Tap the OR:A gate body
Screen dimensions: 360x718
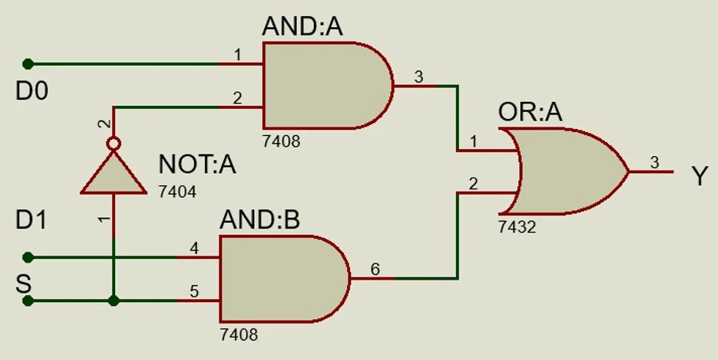572,172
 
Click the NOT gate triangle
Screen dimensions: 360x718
114,173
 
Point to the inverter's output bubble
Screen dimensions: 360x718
114,144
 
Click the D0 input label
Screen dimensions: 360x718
32,93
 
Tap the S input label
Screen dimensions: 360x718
24,283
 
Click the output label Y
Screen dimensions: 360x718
699,177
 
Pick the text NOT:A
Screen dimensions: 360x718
197,165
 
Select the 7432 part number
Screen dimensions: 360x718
517,227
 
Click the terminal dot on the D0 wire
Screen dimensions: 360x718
29,63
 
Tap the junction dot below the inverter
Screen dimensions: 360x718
114,301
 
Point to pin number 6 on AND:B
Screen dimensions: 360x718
375,269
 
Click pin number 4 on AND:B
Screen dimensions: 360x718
194,249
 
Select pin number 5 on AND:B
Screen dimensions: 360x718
194,292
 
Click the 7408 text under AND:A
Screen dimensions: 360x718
281,141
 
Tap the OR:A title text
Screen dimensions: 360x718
530,114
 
